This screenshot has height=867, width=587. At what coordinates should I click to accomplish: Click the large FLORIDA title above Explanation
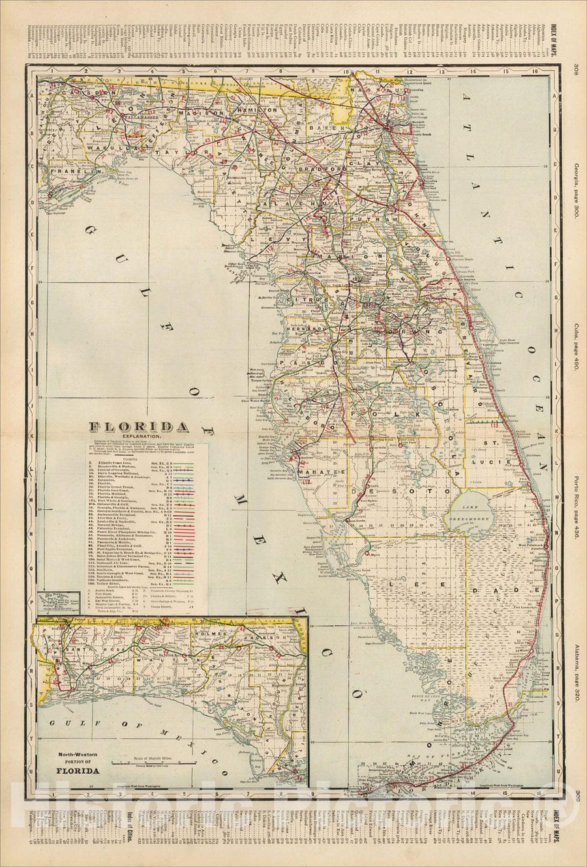pos(140,427)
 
